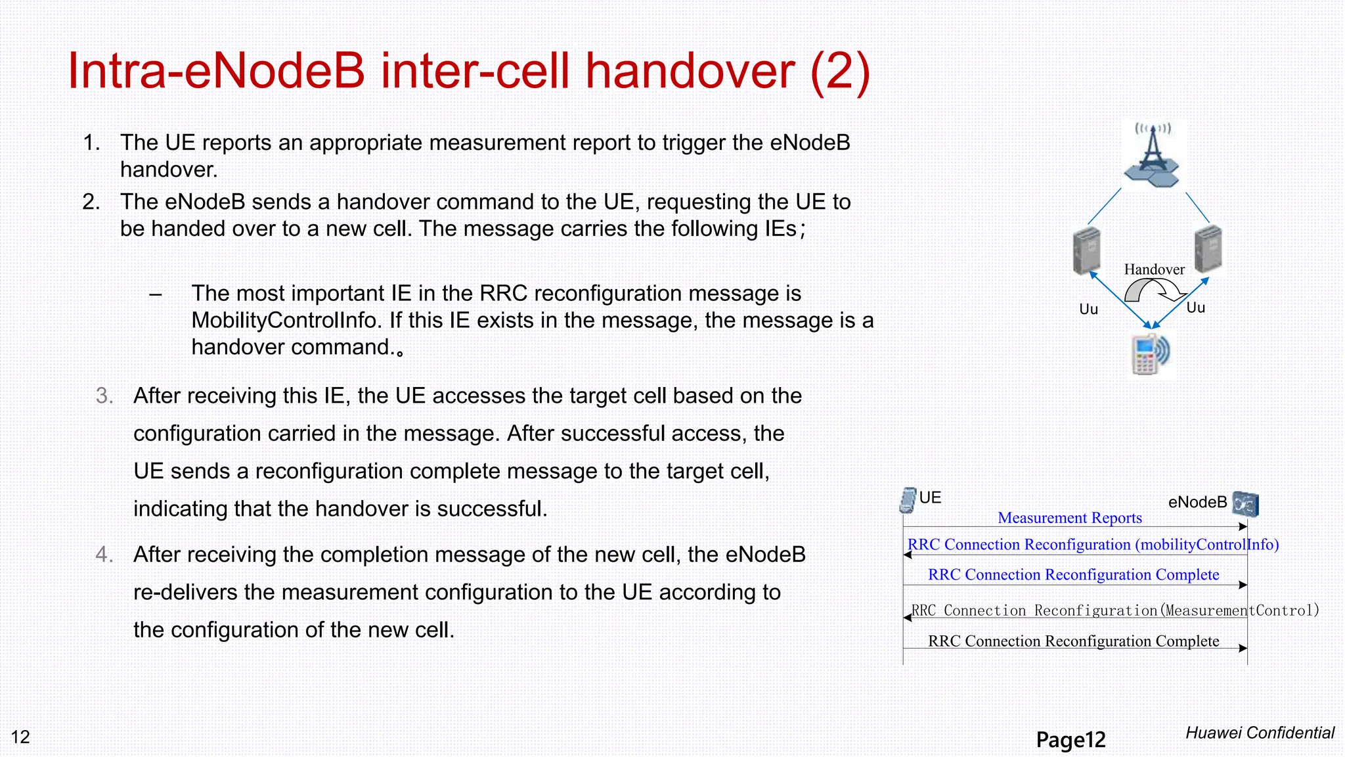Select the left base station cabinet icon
point(1086,250)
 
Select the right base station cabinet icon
point(1207,249)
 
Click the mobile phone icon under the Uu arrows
point(1150,354)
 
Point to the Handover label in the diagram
point(1154,269)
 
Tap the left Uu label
point(1088,310)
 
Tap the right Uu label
point(1195,308)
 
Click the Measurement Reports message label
point(1069,518)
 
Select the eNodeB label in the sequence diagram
point(1197,503)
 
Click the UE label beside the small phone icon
point(930,497)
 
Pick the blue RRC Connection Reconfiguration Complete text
point(1073,575)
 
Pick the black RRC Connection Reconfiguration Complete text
point(1073,641)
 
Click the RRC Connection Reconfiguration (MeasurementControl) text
point(1114,610)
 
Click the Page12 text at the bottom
point(1070,740)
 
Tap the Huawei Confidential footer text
point(1260,733)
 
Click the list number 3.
point(104,396)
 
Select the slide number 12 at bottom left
point(20,737)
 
